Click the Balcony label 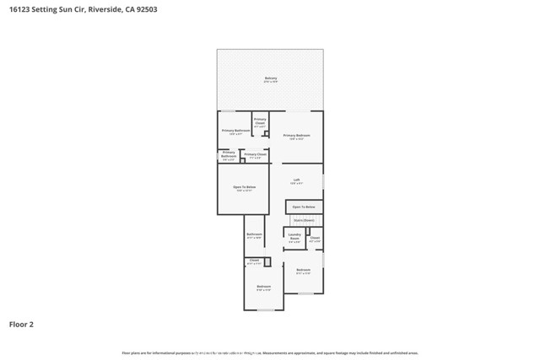tap(270, 79)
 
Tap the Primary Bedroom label tap(297, 136)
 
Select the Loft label tap(296, 180)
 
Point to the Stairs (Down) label tap(304, 220)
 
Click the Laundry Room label tap(294, 237)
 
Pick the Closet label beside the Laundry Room tap(315, 239)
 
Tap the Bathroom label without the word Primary tap(254, 235)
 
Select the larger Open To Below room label tap(244, 188)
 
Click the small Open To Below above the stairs tap(304, 207)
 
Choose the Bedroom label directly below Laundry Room tap(303, 271)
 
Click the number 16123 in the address tap(21, 9)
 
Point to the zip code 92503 tap(145, 9)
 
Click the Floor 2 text tap(21, 324)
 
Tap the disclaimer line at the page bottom tap(270, 353)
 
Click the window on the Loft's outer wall tap(323, 181)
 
